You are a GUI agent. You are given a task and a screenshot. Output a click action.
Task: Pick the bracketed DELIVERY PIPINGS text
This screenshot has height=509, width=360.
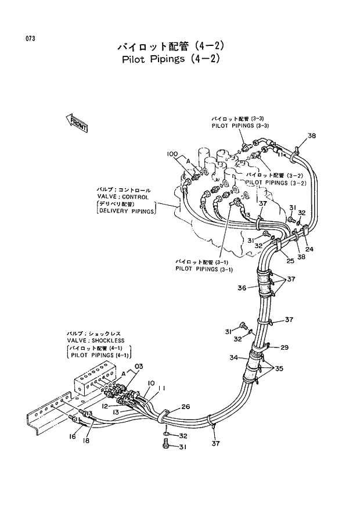pyautogui.click(x=126, y=212)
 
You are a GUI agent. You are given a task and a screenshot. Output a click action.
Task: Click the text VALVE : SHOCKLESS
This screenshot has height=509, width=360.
pyautogui.click(x=95, y=340)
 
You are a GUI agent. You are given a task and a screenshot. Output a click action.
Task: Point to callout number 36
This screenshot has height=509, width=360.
pyautogui.click(x=242, y=288)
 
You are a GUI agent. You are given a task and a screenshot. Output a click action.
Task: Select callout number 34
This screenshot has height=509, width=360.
pyautogui.click(x=233, y=358)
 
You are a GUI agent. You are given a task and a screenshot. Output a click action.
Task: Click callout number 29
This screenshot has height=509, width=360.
pyautogui.click(x=285, y=347)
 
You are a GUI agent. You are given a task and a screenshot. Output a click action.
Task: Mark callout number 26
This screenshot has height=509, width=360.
pyautogui.click(x=185, y=407)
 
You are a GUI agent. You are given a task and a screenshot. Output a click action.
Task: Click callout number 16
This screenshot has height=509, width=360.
pyautogui.click(x=73, y=436)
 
